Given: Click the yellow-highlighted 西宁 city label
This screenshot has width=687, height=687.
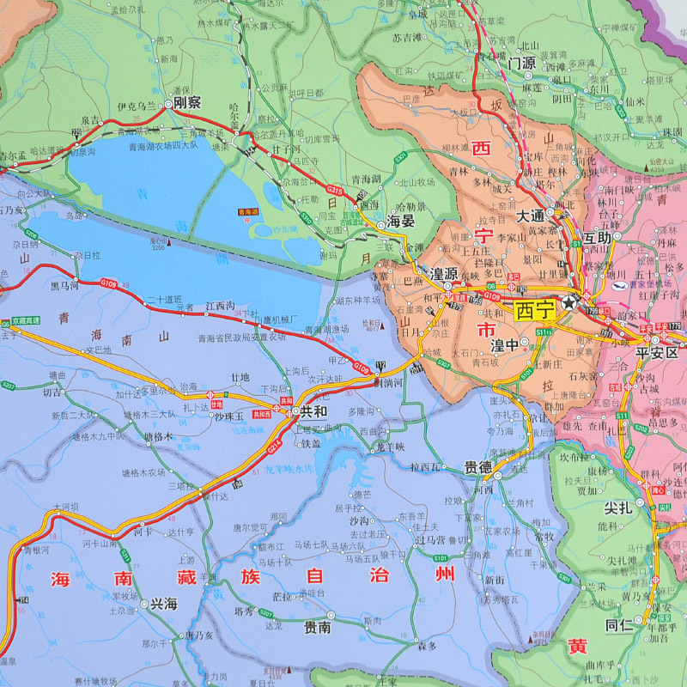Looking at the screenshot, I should [535, 310].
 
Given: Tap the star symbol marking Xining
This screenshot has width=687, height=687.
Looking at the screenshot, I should [569, 303].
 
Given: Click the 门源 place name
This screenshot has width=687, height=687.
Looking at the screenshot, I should [521, 63].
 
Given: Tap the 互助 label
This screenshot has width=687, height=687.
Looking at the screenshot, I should [599, 236].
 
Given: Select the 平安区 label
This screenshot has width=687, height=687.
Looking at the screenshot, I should [657, 353].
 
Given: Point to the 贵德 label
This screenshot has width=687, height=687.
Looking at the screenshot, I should [478, 468].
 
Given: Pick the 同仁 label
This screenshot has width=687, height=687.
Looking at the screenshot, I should [619, 625].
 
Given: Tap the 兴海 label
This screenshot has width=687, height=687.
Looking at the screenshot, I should [163, 605].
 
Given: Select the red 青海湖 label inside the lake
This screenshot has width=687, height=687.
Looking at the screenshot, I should [248, 211].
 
